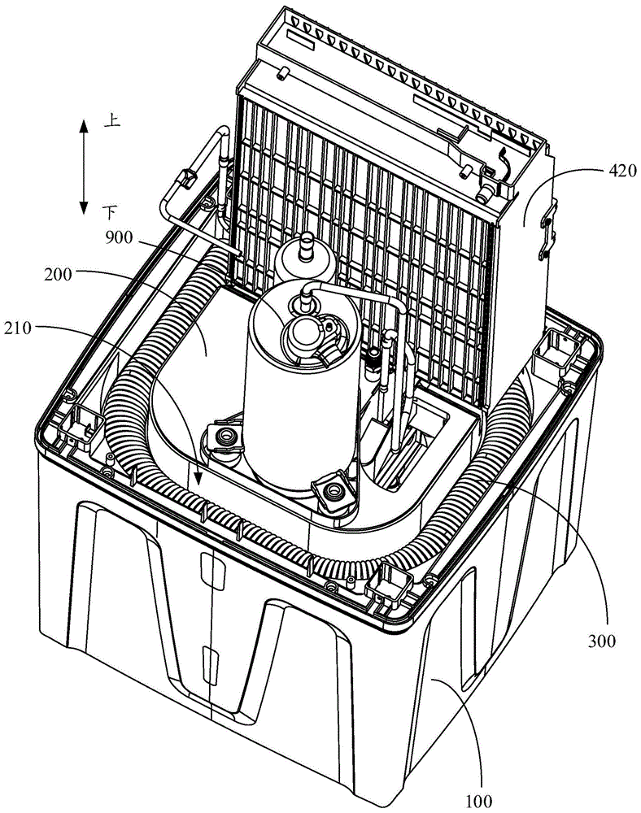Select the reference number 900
[119, 238]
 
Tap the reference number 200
[58, 274]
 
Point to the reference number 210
[19, 328]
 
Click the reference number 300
[602, 641]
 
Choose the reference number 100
[478, 801]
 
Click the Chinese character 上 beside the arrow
[112, 121]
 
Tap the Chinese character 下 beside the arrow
[110, 212]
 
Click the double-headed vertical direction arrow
[84, 166]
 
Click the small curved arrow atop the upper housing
[503, 164]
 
